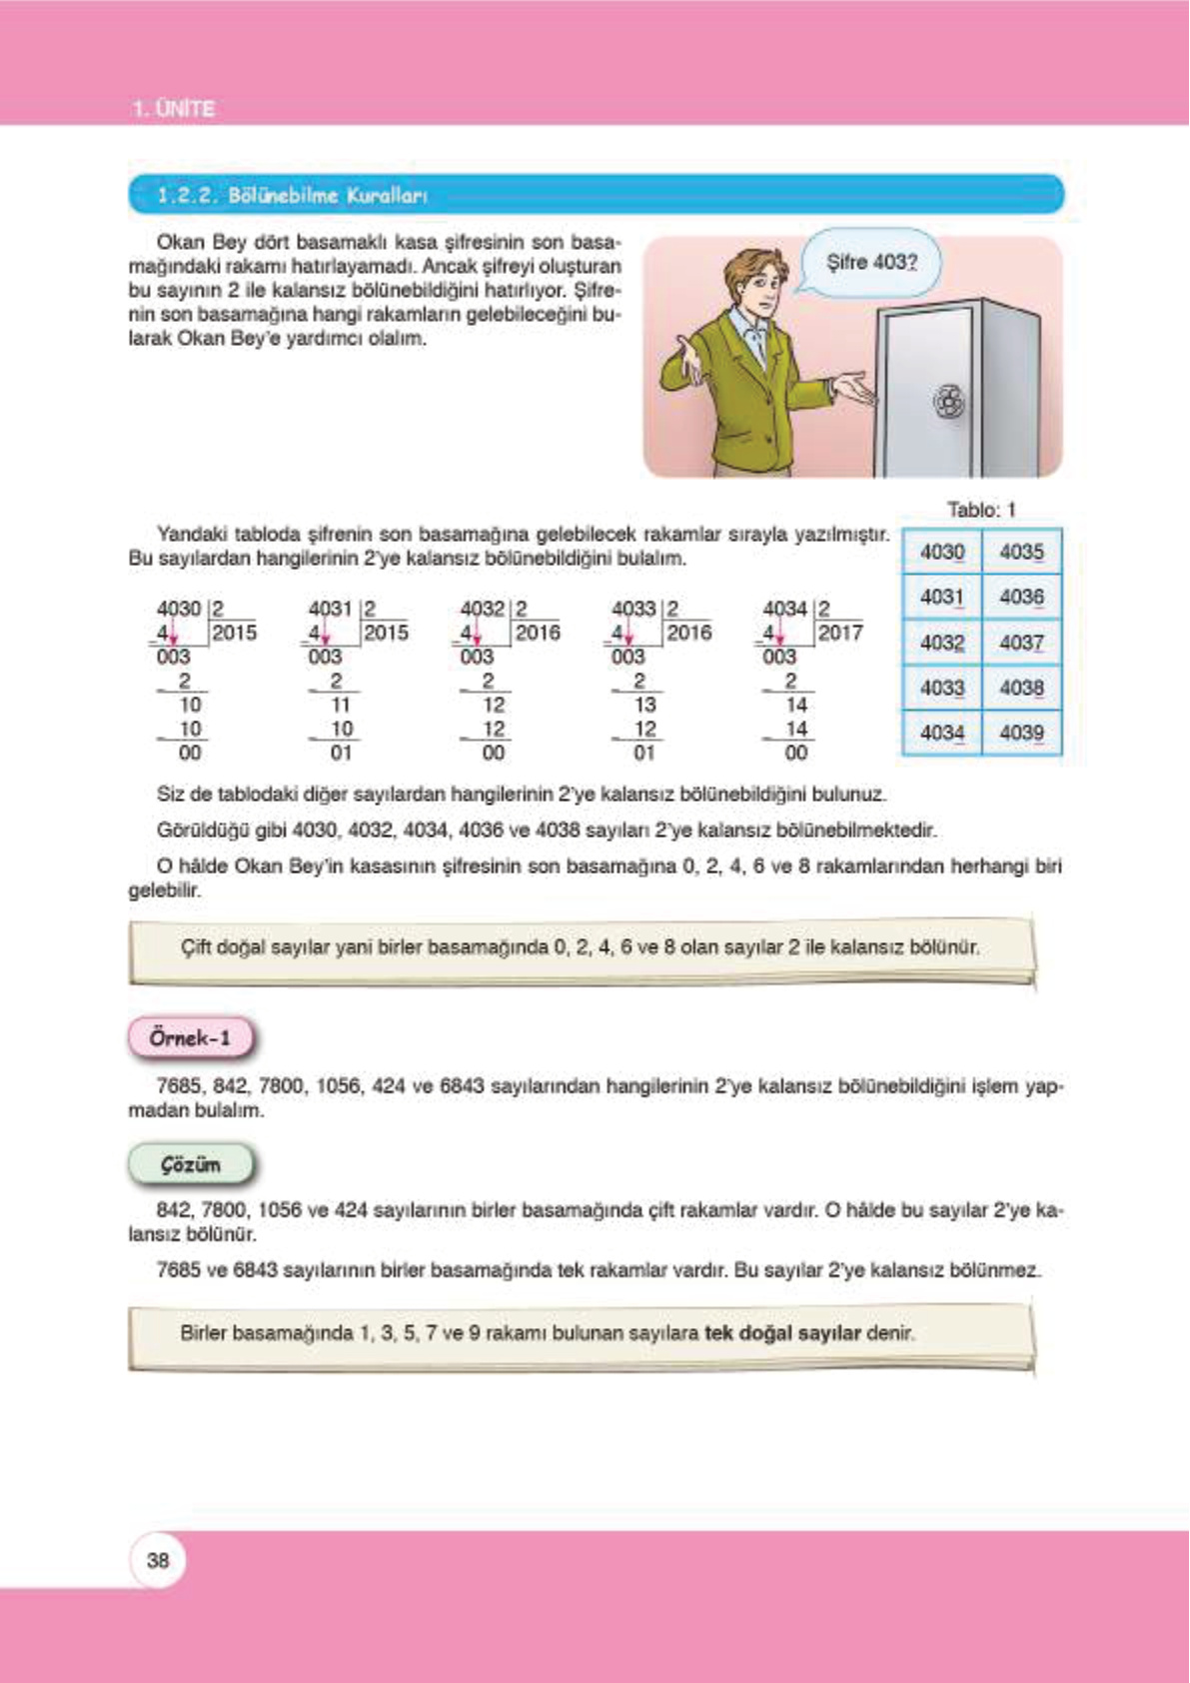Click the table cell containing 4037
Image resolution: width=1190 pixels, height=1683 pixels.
click(x=1021, y=643)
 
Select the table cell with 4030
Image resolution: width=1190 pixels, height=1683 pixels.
click(x=942, y=552)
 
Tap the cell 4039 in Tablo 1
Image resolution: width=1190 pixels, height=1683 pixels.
click(x=1021, y=733)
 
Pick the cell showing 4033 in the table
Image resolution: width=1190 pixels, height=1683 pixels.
click(x=942, y=688)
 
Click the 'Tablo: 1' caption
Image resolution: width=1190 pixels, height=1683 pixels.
click(x=981, y=510)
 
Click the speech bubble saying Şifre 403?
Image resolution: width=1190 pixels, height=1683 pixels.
click(x=871, y=262)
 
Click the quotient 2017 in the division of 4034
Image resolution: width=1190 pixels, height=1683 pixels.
click(x=839, y=633)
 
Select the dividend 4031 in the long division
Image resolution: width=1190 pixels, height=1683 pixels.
click(x=330, y=609)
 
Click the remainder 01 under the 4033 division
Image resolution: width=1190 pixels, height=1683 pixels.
click(x=643, y=753)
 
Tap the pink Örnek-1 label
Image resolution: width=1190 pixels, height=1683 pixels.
click(x=190, y=1038)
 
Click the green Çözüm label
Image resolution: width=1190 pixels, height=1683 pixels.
click(x=190, y=1164)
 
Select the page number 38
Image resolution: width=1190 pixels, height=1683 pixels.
click(x=158, y=1560)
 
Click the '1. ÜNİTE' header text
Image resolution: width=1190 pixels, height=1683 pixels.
click(x=174, y=109)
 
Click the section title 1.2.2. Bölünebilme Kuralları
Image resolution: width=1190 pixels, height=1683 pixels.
click(x=292, y=195)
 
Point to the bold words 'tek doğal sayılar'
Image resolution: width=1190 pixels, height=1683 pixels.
click(x=782, y=1332)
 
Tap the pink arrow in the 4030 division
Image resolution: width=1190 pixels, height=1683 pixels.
click(x=173, y=635)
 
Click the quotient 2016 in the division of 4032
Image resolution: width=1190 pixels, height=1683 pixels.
click(x=538, y=633)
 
